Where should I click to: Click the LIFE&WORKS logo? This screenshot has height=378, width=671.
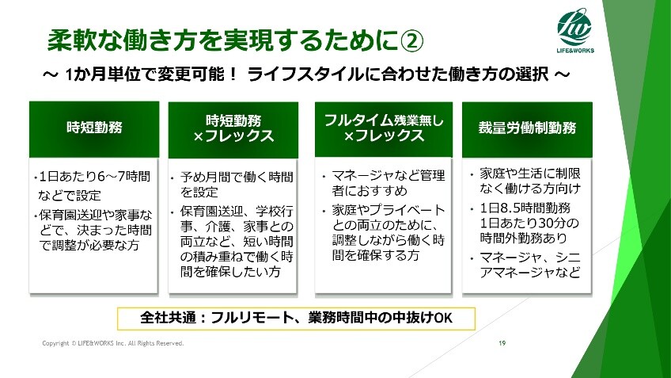575,31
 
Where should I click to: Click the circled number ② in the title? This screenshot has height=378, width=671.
411,41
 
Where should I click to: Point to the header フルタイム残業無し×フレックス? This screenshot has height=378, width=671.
384,129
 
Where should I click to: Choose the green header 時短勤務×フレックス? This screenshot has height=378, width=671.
233,129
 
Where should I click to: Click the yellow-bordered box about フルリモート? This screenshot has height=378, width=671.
296,319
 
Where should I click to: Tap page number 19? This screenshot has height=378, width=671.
502,343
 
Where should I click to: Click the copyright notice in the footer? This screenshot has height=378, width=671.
113,343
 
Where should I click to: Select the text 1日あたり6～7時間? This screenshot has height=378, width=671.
95,177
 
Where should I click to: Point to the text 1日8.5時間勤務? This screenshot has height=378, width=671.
525,208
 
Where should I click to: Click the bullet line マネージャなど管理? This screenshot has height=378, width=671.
389,176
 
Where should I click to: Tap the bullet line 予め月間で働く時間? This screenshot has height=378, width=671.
237,177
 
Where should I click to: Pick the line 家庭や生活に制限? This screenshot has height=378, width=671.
530,174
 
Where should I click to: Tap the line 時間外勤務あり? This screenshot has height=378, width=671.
523,238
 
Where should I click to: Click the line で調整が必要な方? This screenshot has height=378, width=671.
89,246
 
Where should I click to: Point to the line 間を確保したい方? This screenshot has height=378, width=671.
230,272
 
